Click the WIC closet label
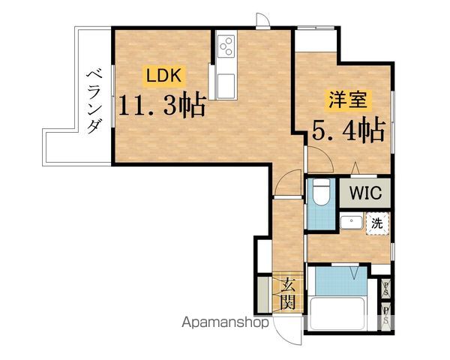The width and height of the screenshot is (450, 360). pos(364,192)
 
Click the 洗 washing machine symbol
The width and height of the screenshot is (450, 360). pos(377,223)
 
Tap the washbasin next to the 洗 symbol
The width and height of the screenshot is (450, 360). pos(349,223)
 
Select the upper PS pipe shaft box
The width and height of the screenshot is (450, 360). pos(385,288)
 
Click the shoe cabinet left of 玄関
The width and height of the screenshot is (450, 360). pos(262,294)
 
